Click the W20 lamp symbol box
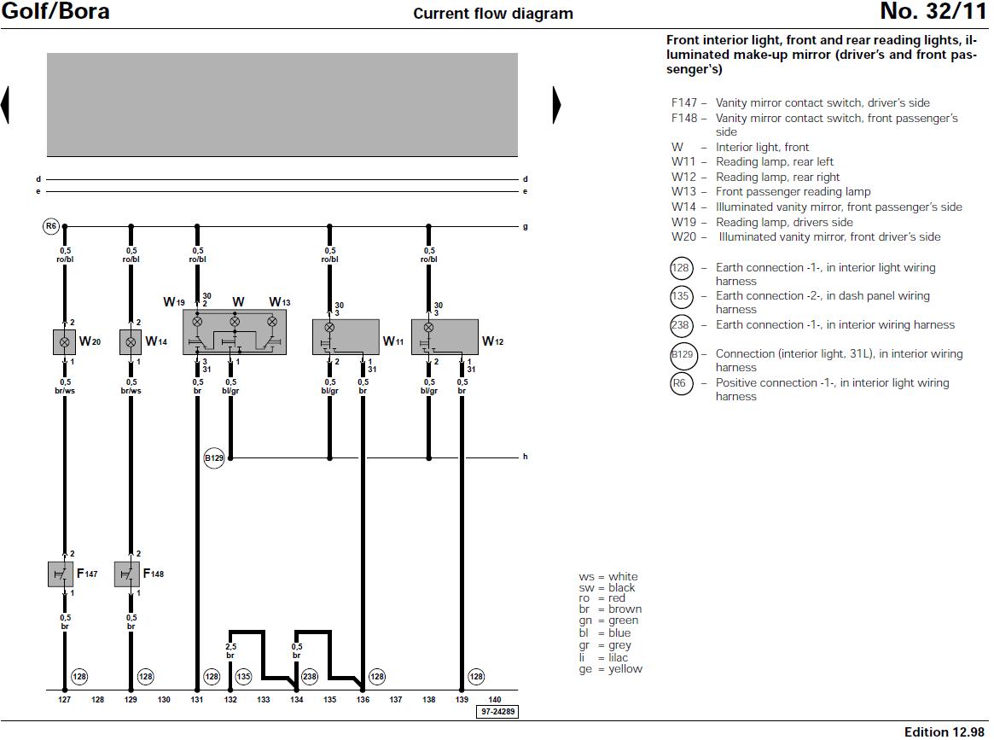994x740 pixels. [x=64, y=341]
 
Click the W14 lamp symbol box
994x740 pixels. [x=131, y=341]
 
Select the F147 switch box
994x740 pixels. [x=61, y=574]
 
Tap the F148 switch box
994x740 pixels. [x=128, y=574]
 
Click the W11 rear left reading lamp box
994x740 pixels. [x=346, y=337]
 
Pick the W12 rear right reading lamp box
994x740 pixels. [x=445, y=337]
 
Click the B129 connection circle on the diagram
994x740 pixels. [x=213, y=458]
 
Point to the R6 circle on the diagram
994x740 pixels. [x=51, y=226]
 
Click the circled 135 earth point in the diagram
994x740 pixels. [x=244, y=677]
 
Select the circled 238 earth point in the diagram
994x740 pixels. [x=310, y=677]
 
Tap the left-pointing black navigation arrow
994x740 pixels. [x=5, y=105]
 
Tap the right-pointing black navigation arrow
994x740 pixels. [x=556, y=105]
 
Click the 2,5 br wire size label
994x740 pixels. [x=230, y=651]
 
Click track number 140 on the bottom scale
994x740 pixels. [x=494, y=700]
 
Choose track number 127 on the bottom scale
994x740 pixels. [x=64, y=700]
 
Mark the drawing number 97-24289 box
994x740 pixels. [x=497, y=711]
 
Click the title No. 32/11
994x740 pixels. [x=933, y=12]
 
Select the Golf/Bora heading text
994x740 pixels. [x=55, y=12]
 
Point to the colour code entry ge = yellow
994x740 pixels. [x=610, y=669]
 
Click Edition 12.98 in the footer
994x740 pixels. [x=945, y=731]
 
